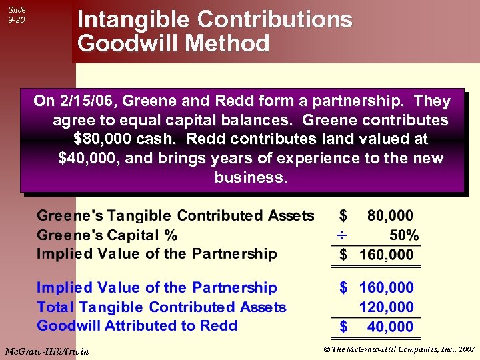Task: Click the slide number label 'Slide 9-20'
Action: pyautogui.click(x=17, y=15)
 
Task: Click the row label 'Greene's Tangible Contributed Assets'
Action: pyautogui.click(x=175, y=215)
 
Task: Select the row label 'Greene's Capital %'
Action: pyautogui.click(x=107, y=235)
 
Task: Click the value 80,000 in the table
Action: pyautogui.click(x=390, y=216)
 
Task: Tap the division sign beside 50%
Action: pyautogui.click(x=341, y=236)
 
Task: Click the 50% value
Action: pyautogui.click(x=404, y=235)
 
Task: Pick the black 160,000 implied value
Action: pyautogui.click(x=387, y=255)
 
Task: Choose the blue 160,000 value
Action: pyautogui.click(x=387, y=288)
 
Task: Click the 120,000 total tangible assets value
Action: pyautogui.click(x=387, y=307)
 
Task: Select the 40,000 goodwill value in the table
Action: pyautogui.click(x=390, y=327)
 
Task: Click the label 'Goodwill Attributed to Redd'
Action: pyautogui.click(x=137, y=326)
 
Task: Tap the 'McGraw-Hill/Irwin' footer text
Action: pyautogui.click(x=47, y=351)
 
